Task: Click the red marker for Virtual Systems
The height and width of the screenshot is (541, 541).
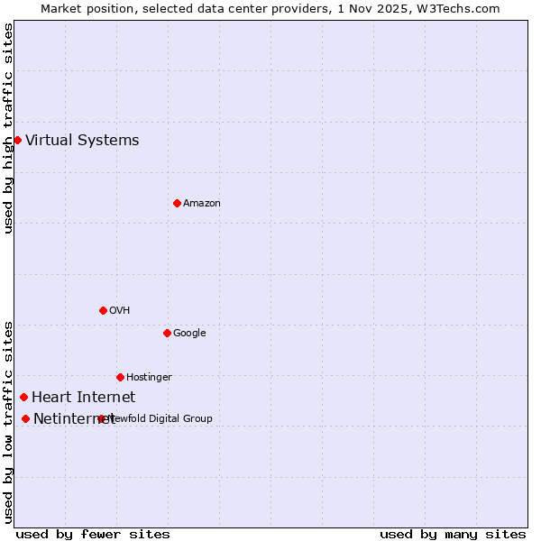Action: (x=17, y=140)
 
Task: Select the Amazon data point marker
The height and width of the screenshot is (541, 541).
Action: (x=177, y=203)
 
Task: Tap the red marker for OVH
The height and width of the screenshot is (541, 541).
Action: (x=103, y=310)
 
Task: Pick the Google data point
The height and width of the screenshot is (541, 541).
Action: (x=167, y=333)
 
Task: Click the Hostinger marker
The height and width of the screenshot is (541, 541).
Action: (x=120, y=377)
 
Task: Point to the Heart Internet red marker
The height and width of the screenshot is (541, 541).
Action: (x=23, y=397)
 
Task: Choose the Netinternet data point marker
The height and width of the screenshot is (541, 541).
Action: (x=25, y=418)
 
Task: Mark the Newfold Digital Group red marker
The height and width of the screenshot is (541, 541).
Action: (x=101, y=418)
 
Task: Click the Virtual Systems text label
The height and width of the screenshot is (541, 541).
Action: (x=82, y=140)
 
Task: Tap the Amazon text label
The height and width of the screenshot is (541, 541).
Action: (x=202, y=203)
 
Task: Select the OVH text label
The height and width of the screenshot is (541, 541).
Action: (x=120, y=310)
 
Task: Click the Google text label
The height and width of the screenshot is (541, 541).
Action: (x=189, y=333)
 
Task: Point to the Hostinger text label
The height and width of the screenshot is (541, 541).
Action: (x=149, y=377)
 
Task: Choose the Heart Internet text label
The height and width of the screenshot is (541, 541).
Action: (x=83, y=397)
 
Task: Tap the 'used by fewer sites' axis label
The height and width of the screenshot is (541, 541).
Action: (x=93, y=534)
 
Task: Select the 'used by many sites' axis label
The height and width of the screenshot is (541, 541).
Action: (x=453, y=534)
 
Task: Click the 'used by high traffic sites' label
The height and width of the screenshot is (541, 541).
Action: (x=8, y=127)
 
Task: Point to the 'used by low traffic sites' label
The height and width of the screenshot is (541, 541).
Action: (x=8, y=421)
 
